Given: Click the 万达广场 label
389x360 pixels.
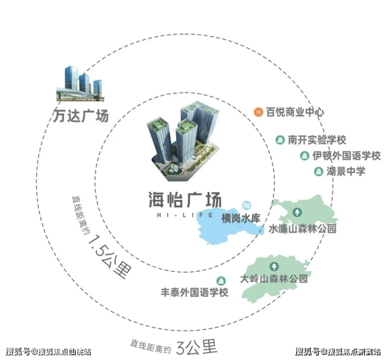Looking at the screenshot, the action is pyautogui.click(x=81, y=116).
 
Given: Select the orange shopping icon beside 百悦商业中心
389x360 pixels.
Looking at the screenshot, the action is pyautogui.click(x=258, y=112).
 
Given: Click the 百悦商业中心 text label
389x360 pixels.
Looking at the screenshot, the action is pyautogui.click(x=295, y=112).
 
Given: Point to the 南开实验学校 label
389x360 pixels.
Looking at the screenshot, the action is pyautogui.click(x=317, y=140).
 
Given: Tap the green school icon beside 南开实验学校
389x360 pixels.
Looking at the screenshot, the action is pyautogui.click(x=280, y=140).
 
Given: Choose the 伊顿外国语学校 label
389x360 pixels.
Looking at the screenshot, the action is pyautogui.click(x=346, y=156).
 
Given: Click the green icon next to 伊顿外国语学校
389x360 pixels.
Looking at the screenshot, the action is pyautogui.click(x=304, y=156).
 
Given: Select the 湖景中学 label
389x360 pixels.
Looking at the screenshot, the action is pyautogui.click(x=346, y=171).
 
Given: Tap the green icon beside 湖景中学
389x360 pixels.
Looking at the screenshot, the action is pyautogui.click(x=319, y=172).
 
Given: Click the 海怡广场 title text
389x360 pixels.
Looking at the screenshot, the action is pyautogui.click(x=185, y=200).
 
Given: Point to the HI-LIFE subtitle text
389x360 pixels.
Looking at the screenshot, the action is pyautogui.click(x=185, y=215).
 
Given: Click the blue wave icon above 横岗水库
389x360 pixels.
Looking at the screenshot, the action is pyautogui.click(x=247, y=205).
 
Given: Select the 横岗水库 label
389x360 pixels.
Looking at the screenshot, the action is pyautogui.click(x=241, y=219).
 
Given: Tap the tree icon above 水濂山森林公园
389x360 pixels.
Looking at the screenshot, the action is pyautogui.click(x=297, y=212).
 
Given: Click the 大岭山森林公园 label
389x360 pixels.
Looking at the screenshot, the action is pyautogui.click(x=274, y=279).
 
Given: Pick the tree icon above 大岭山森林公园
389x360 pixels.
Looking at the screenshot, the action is pyautogui.click(x=274, y=266).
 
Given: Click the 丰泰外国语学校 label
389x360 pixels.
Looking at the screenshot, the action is pyautogui.click(x=194, y=292).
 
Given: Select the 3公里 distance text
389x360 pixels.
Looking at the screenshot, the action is pyautogui.click(x=197, y=346).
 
